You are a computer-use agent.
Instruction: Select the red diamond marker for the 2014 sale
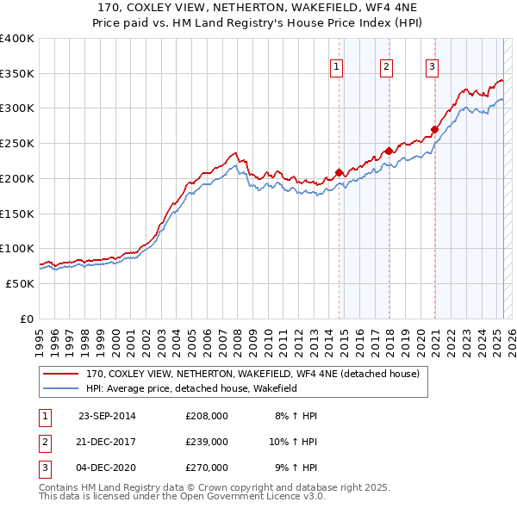(x=339, y=172)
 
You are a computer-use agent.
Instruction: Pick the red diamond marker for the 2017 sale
(x=389, y=151)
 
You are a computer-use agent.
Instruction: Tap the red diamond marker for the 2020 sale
(x=435, y=129)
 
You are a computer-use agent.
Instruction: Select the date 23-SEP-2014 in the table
(x=107, y=416)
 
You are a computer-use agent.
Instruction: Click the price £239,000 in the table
(x=207, y=442)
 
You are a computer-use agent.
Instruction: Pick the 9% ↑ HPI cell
(x=296, y=468)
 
